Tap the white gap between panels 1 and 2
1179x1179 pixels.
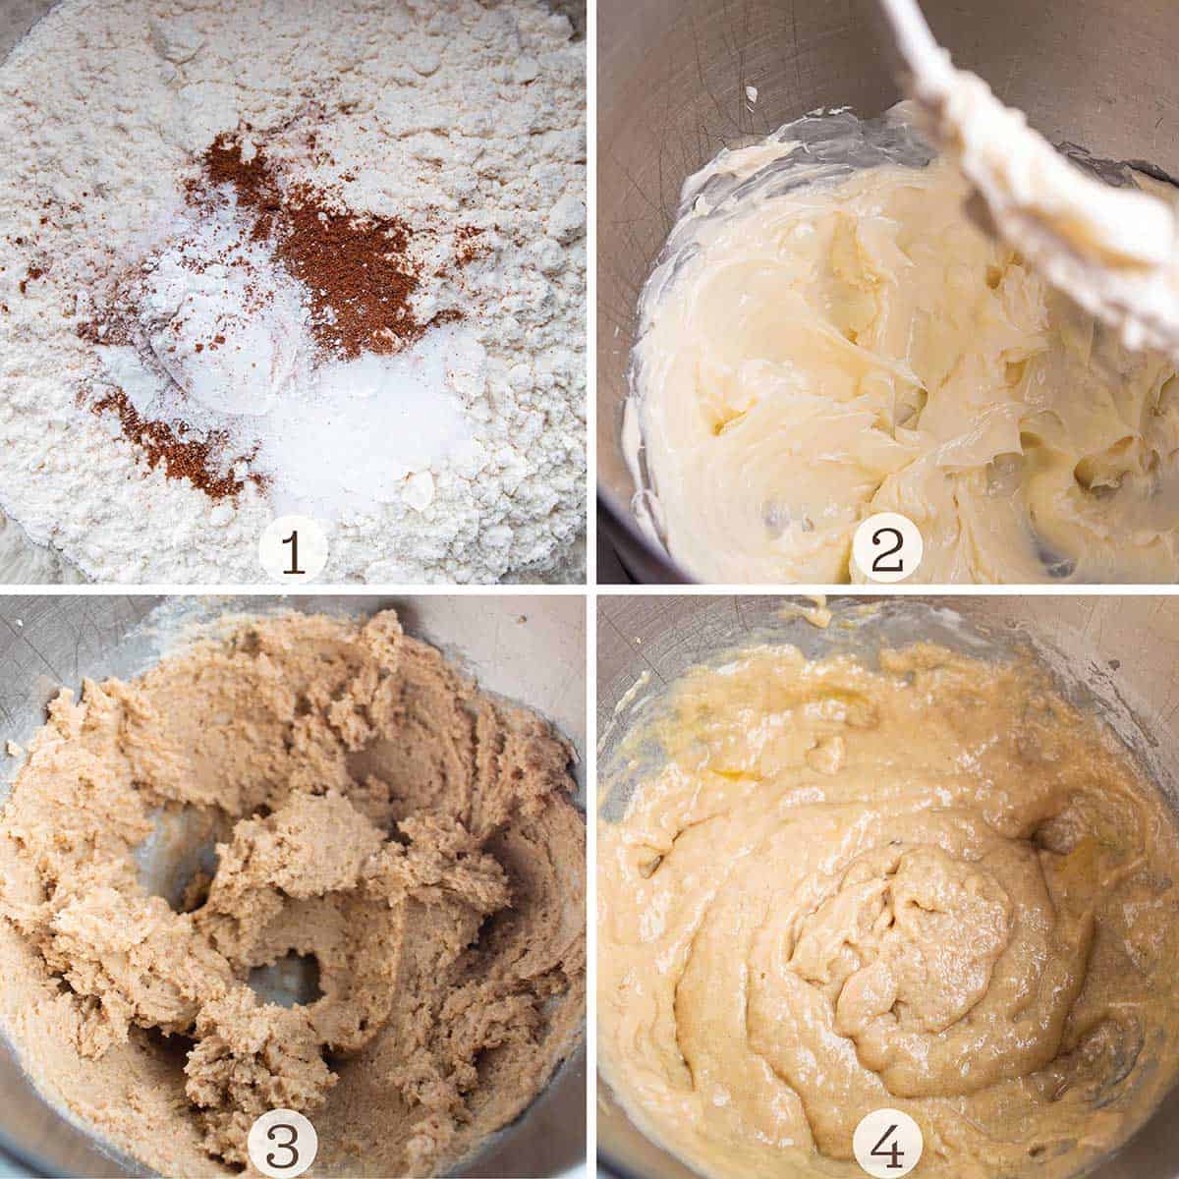point(591,295)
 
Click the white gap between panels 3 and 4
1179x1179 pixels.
point(591,884)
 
